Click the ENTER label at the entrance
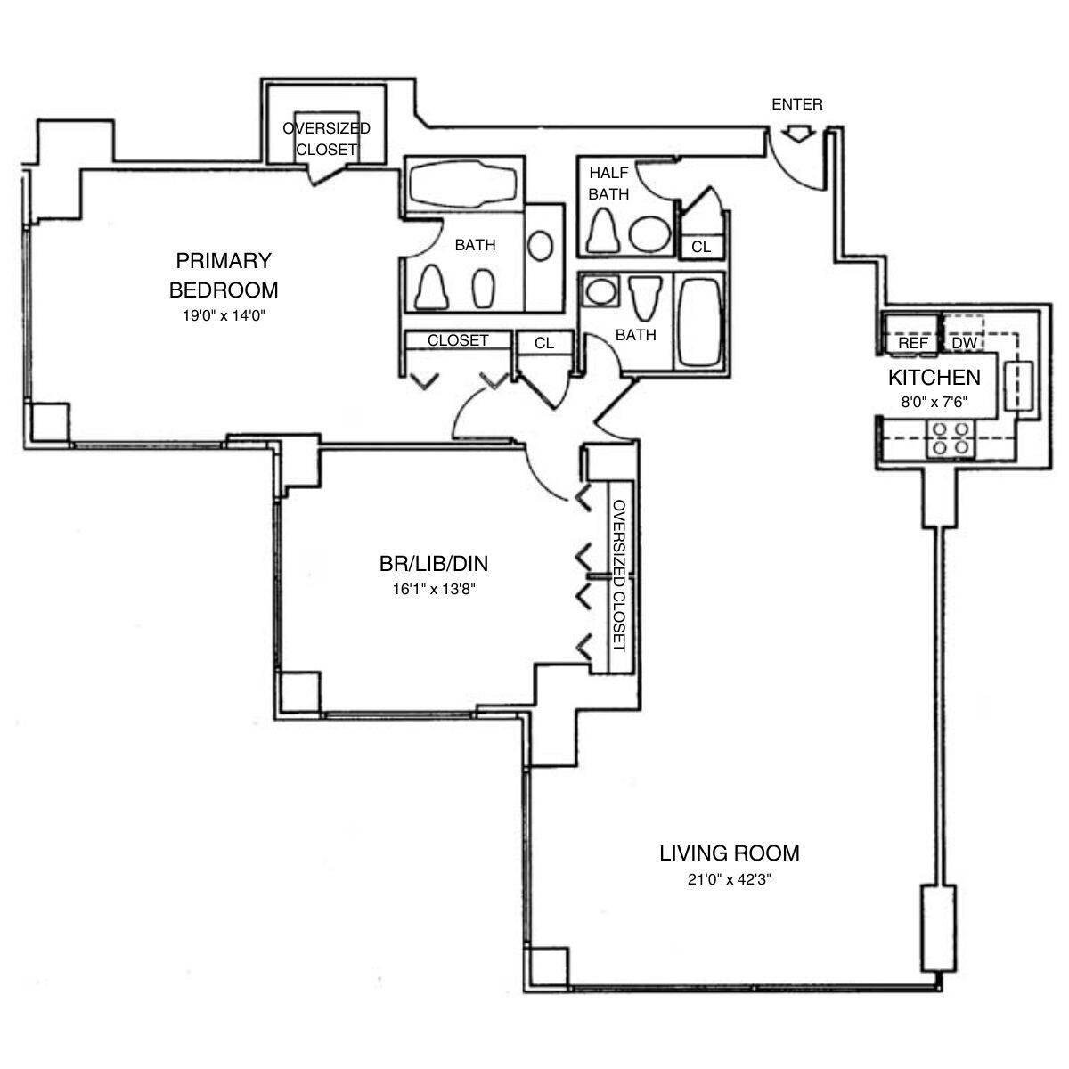click(797, 104)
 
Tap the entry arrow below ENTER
click(799, 133)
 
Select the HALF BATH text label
click(608, 183)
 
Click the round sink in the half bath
click(650, 233)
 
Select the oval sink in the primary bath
click(540, 246)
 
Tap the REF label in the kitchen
click(912, 343)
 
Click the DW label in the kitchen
click(963, 343)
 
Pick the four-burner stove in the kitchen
click(950, 437)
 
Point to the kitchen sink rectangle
click(1019, 386)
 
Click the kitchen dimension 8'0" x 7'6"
click(933, 401)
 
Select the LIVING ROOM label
click(729, 853)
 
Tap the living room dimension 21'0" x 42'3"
click(729, 880)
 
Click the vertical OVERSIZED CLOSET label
click(619, 575)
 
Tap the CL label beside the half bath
click(701, 247)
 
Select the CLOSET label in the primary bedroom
click(457, 340)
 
